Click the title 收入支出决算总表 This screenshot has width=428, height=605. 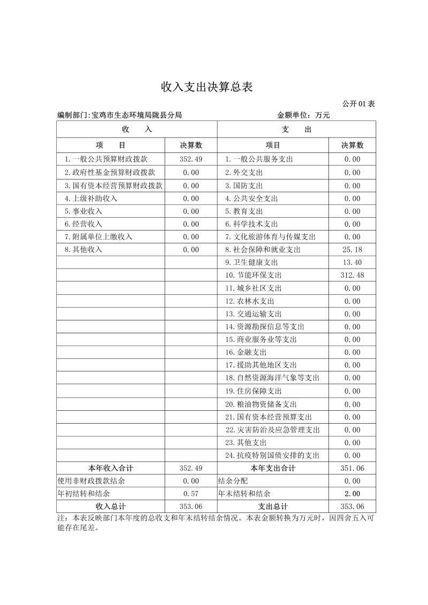[x=207, y=87]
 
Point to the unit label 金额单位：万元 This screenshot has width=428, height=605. [x=303, y=115]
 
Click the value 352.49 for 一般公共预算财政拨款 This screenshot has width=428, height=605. [x=191, y=159]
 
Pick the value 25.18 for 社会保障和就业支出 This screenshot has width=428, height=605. [x=352, y=250]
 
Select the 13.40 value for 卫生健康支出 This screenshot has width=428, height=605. [x=352, y=263]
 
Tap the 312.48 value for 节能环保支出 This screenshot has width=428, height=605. [x=352, y=275]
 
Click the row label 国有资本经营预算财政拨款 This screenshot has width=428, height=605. [x=113, y=186]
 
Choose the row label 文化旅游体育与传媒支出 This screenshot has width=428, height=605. [x=270, y=237]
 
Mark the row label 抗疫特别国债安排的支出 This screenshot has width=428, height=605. [x=272, y=456]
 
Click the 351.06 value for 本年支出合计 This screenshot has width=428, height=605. [x=352, y=469]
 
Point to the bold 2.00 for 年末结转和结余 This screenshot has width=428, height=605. [x=352, y=494]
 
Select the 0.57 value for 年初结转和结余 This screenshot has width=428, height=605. [x=191, y=494]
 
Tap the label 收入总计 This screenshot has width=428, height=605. [x=110, y=507]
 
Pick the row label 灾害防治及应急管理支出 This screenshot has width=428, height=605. [x=272, y=430]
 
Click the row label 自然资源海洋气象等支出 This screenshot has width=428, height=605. [x=272, y=378]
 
